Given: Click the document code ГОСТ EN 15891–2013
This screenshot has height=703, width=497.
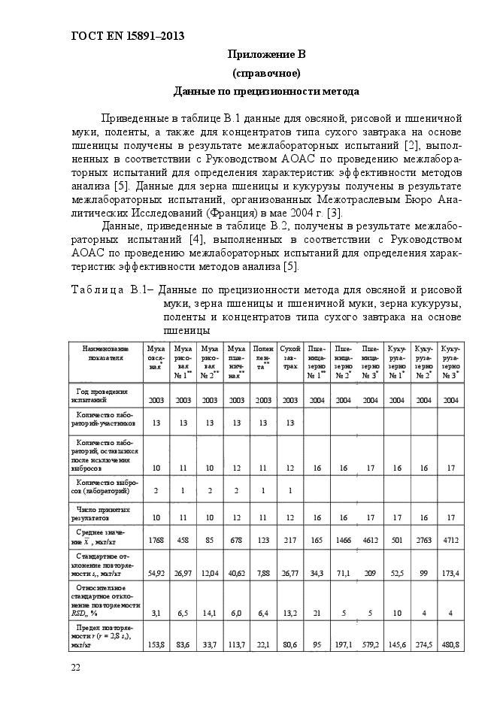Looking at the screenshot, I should point(127,35).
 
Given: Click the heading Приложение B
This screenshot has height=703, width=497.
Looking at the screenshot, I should point(266,55).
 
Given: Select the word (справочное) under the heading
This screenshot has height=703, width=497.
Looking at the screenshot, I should point(266,73).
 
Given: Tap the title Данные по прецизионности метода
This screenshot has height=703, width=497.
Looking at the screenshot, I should point(266,92).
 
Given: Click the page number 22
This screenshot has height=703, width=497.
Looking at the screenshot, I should point(76,668).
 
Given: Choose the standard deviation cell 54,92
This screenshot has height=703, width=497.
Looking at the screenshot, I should point(156,574).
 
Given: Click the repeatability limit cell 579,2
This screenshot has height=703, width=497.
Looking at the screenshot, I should point(370,644).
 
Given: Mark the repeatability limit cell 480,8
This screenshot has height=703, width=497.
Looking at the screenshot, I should point(450,644).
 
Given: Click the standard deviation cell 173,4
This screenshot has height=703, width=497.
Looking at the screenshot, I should point(450,574).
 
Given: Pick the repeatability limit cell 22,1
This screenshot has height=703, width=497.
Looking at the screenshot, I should point(263,644).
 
